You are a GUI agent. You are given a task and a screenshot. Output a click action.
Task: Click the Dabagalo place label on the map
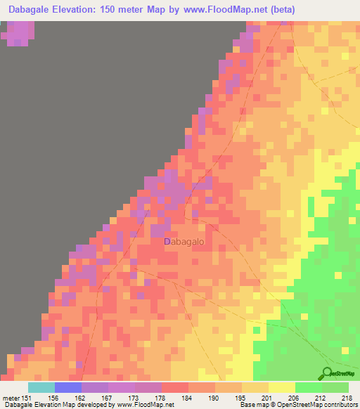(184, 241)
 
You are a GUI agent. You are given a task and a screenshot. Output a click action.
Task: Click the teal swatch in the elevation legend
(41, 387)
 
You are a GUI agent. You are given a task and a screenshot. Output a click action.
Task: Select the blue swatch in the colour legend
(67, 387)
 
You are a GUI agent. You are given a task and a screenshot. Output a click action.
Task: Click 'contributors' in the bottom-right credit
(340, 405)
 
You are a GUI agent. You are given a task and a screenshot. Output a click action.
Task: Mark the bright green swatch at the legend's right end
(335, 387)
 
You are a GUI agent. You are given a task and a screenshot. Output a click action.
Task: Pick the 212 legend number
(321, 398)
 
